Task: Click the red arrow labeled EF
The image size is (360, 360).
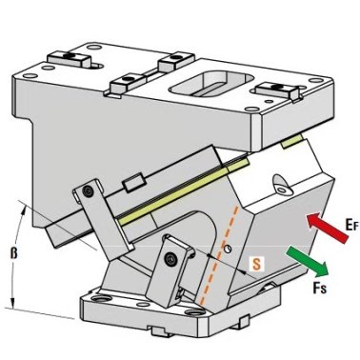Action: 327,229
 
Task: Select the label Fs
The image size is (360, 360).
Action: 319,288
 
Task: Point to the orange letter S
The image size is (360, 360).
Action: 256,264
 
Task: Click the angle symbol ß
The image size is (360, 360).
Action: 13,254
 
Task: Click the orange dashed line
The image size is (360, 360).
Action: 218,254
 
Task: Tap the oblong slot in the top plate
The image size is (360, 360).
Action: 210,84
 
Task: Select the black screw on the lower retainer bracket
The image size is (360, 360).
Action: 170,259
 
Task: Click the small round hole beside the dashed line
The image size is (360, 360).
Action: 227,250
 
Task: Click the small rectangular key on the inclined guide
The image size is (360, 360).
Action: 134,183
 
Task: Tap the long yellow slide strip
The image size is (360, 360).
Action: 182,191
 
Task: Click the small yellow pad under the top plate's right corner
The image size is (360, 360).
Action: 292,141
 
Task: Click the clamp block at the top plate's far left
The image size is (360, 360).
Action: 69,59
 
